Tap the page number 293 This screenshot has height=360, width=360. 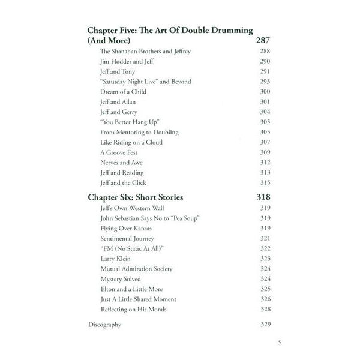click(x=265, y=82)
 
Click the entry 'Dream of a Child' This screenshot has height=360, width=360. click(x=123, y=92)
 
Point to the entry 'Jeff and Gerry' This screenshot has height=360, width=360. click(x=119, y=112)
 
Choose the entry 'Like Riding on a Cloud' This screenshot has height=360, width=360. click(x=131, y=142)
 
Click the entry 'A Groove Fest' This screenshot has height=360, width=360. click(x=119, y=152)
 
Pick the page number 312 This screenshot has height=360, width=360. click(x=265, y=163)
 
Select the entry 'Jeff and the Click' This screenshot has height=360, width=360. click(x=124, y=182)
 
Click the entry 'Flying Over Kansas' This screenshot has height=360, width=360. click(x=126, y=228)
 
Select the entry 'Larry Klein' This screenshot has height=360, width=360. click(x=116, y=259)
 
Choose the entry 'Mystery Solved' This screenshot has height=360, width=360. click(x=121, y=279)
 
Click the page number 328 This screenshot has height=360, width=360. click(x=265, y=309)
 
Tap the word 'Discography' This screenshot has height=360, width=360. click(x=104, y=325)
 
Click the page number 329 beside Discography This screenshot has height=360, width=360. click(x=265, y=325)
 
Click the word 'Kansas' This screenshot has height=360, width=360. click(x=140, y=228)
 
